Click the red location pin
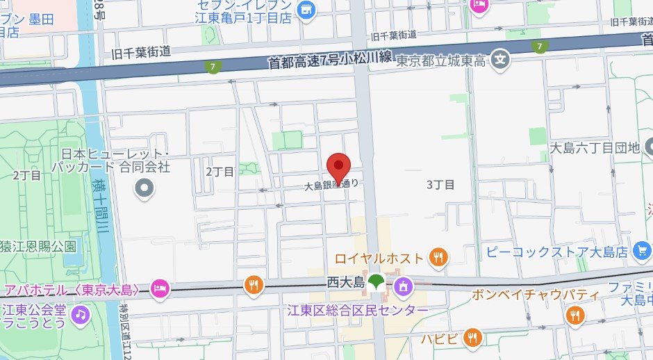pyautogui.click(x=338, y=167)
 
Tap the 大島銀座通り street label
pyautogui.click(x=332, y=186)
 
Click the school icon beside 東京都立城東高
pyautogui.click(x=499, y=60)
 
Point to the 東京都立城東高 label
pyautogui.click(x=440, y=61)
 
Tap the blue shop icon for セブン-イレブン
pyautogui.click(x=306, y=10)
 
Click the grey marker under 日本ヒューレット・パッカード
pyautogui.click(x=144, y=188)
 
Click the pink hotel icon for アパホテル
pyautogui.click(x=160, y=288)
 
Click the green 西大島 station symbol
pyautogui.click(x=377, y=282)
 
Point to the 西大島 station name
pyautogui.click(x=345, y=283)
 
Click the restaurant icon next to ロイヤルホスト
pyautogui.click(x=438, y=258)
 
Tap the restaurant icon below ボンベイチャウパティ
pyautogui.click(x=575, y=316)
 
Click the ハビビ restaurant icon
pyautogui.click(x=472, y=338)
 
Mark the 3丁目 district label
pyautogui.click(x=440, y=184)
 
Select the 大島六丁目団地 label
pyautogui.click(x=593, y=147)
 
